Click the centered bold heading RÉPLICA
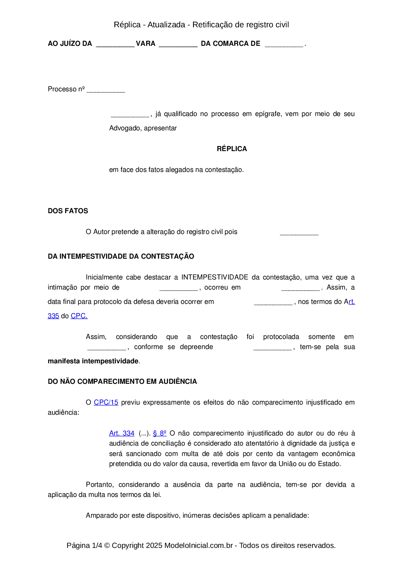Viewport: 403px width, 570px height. tap(232, 149)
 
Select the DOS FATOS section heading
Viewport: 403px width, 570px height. tap(68, 211)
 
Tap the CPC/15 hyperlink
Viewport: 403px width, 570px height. tap(106, 402)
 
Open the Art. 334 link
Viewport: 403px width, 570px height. tap(122, 433)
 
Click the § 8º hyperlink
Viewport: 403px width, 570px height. tap(160, 433)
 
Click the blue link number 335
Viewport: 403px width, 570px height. tap(53, 316)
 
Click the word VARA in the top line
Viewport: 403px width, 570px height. tap(146, 44)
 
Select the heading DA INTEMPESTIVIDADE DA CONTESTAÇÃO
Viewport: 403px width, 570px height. tap(121, 256)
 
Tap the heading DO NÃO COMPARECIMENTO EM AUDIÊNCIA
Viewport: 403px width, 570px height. tap(122, 382)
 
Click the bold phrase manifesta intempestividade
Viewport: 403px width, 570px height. tap(93, 361)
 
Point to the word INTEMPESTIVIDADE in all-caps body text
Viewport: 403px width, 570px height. tap(214, 277)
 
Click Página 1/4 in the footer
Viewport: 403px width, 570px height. tap(84, 545)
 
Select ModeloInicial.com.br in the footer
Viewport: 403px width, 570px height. tap(198, 545)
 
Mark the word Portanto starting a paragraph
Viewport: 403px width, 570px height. tap(100, 485)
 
